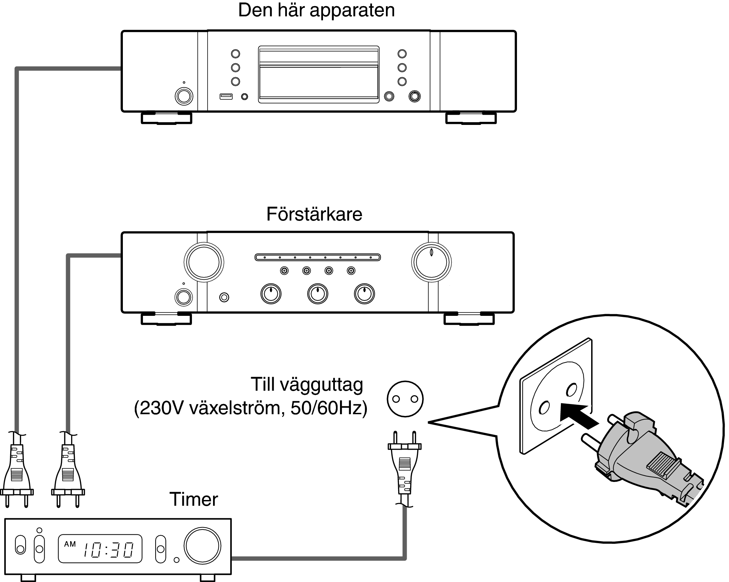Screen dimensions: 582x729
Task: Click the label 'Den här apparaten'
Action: (316, 10)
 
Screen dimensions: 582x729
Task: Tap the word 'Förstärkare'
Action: (314, 214)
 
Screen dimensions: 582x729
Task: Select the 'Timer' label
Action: (193, 499)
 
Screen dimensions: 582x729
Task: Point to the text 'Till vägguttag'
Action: (307, 385)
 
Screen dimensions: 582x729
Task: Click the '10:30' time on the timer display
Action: (108, 550)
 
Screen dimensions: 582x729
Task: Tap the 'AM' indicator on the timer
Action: (70, 544)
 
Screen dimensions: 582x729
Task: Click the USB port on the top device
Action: (226, 97)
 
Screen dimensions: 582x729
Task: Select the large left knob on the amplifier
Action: (204, 262)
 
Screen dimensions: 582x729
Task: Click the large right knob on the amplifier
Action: (431, 262)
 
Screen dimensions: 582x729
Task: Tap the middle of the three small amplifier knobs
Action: (317, 294)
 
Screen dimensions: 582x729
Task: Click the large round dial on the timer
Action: (202, 546)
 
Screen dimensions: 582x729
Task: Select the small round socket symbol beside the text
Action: (405, 399)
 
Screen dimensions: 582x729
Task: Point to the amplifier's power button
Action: (183, 297)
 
